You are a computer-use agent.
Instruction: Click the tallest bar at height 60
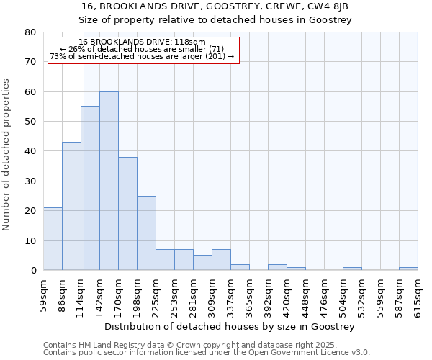(x=109, y=181)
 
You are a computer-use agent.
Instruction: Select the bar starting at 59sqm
(x=53, y=238)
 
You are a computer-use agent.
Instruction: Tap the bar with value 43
(x=71, y=206)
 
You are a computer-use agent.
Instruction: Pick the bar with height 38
(x=127, y=213)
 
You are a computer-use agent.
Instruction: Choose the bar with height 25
(x=146, y=233)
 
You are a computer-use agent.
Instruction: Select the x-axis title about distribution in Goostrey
(x=230, y=327)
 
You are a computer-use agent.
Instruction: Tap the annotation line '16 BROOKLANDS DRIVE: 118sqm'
(x=142, y=42)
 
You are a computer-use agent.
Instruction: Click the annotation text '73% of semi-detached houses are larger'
(x=142, y=56)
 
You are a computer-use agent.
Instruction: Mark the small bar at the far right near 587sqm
(x=408, y=269)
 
